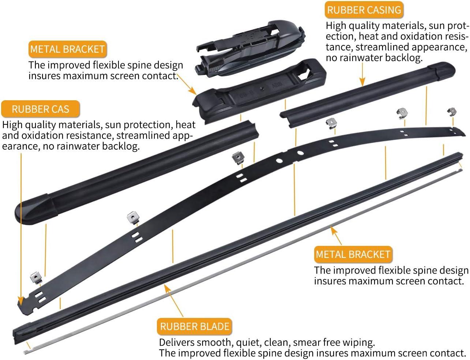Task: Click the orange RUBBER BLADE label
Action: coord(195,327)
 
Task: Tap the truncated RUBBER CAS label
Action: coord(40,109)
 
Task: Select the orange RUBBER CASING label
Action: coord(364,10)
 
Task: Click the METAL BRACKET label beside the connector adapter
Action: coord(67,49)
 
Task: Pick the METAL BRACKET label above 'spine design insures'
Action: coord(353,254)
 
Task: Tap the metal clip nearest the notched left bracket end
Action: coord(36,278)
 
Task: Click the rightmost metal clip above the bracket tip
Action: coord(452,112)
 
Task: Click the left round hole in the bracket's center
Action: coord(279,160)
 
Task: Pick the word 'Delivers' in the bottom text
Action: coord(177,342)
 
